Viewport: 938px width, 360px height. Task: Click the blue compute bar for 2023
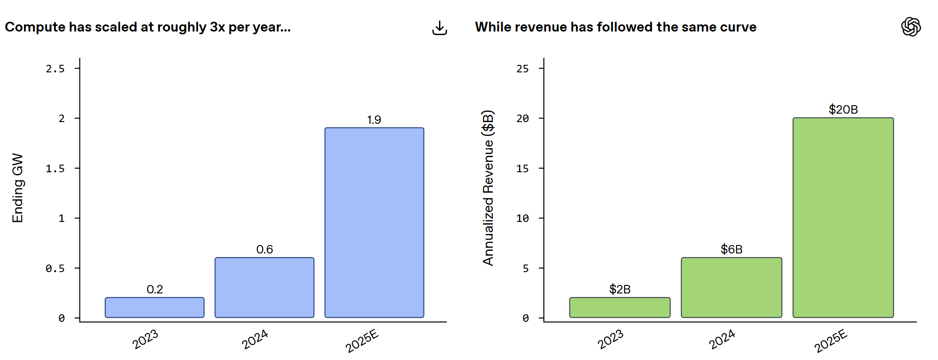(x=154, y=307)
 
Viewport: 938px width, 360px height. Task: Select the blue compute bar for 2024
(x=265, y=287)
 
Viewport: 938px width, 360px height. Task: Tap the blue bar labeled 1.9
(x=374, y=222)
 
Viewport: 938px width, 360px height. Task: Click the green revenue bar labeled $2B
(x=620, y=307)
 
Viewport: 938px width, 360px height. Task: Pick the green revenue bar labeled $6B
(x=732, y=287)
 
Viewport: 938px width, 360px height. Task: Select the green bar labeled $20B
(x=843, y=218)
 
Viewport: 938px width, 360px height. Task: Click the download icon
(x=439, y=28)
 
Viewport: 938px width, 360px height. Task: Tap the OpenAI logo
(x=911, y=27)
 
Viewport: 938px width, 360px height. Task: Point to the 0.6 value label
(x=265, y=249)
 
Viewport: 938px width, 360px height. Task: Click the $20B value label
(x=843, y=109)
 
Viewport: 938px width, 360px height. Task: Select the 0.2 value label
(x=154, y=289)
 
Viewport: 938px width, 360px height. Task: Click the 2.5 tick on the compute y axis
(x=55, y=69)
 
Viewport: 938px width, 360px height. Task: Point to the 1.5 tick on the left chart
(x=55, y=169)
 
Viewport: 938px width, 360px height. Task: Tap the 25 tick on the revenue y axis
(x=522, y=69)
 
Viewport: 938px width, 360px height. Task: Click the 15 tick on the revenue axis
(x=522, y=169)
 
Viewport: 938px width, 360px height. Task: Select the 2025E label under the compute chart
(x=362, y=340)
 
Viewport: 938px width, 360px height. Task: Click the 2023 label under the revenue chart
(x=610, y=339)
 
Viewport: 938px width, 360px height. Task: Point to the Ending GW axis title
(x=18, y=188)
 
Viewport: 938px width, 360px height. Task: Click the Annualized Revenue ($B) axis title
(x=488, y=188)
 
